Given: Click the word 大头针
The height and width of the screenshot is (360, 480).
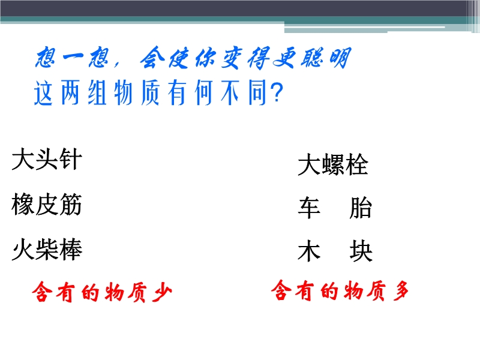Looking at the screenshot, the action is pyautogui.click(x=47, y=159).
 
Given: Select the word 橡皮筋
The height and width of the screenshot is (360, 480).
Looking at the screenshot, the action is pyautogui.click(x=47, y=204).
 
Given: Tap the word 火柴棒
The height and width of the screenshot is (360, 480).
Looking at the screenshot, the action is pyautogui.click(x=47, y=250).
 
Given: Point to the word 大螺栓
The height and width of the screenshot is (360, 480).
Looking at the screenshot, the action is pyautogui.click(x=333, y=164).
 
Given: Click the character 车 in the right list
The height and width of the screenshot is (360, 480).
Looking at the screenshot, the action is pyautogui.click(x=309, y=208).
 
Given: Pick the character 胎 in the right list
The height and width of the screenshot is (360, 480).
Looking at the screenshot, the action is pyautogui.click(x=361, y=208).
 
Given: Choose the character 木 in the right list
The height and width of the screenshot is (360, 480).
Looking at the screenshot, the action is pyautogui.click(x=309, y=251).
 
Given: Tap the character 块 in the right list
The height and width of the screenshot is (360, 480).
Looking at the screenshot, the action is pyautogui.click(x=361, y=251).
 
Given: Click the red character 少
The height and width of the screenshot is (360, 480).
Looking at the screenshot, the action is pyautogui.click(x=162, y=292).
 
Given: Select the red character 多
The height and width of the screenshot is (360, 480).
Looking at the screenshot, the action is pyautogui.click(x=401, y=290).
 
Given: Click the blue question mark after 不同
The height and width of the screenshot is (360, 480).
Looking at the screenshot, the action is pyautogui.click(x=277, y=93).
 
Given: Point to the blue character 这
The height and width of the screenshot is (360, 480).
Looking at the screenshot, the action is pyautogui.click(x=43, y=93).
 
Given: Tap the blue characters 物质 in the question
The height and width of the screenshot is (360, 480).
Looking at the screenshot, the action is pyautogui.click(x=137, y=93).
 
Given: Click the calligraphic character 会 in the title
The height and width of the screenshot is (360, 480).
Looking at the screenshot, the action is pyautogui.click(x=153, y=58).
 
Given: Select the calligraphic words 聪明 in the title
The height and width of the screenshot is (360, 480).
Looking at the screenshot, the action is pyautogui.click(x=326, y=58).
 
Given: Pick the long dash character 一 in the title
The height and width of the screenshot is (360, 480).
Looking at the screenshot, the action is pyautogui.click(x=73, y=57).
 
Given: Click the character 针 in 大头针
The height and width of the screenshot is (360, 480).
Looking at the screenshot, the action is pyautogui.click(x=71, y=159).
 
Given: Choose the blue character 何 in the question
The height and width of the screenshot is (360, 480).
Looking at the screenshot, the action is pyautogui.click(x=203, y=93).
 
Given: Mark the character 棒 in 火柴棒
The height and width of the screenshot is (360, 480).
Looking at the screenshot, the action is pyautogui.click(x=71, y=250).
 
